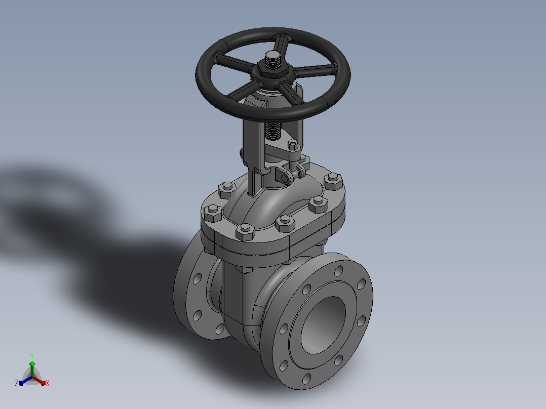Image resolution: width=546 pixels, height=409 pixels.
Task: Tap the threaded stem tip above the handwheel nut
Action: point(273,59)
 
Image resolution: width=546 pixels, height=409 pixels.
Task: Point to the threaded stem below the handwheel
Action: point(272,131)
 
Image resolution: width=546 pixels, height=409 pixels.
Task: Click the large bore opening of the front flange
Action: point(323,325)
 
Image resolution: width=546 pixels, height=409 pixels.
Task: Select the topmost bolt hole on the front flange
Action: point(339,270)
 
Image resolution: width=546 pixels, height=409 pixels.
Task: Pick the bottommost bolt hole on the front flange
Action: point(306,379)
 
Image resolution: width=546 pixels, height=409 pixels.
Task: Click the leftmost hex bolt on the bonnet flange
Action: point(212,214)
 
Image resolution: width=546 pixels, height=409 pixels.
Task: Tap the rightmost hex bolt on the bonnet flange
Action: point(333,182)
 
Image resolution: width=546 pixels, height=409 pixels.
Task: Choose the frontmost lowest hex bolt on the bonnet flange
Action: point(245,232)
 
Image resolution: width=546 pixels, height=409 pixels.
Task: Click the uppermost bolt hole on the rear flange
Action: point(197,278)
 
